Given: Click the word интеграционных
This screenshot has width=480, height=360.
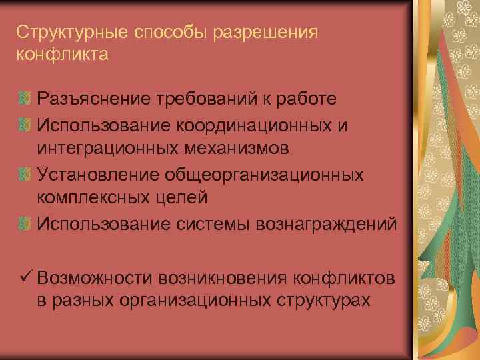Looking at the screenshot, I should click(x=109, y=148).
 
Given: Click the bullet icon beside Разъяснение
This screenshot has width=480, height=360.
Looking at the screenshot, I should click(x=25, y=99).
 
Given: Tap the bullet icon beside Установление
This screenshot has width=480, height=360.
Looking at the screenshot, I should click(x=25, y=173).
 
